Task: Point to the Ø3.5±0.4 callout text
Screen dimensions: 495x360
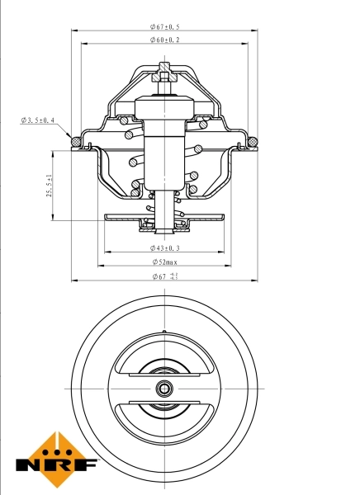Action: click(x=38, y=120)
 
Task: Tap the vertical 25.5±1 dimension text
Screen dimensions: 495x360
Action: click(x=50, y=186)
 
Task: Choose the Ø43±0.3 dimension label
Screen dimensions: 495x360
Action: click(x=166, y=247)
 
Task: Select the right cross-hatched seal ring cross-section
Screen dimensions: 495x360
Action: click(x=253, y=142)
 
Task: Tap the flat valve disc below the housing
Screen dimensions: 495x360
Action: click(x=165, y=219)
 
